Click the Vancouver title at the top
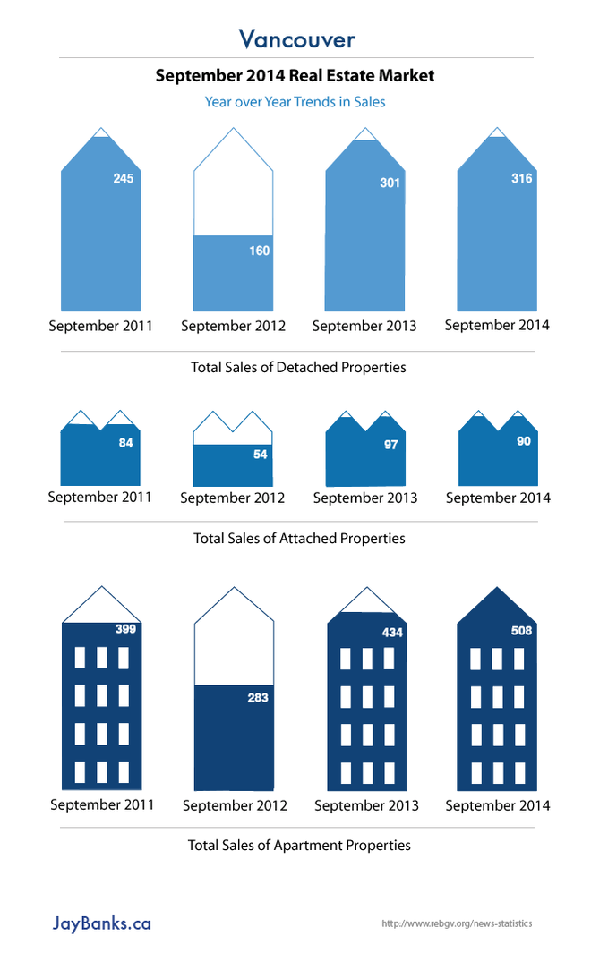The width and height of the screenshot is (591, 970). tap(296, 39)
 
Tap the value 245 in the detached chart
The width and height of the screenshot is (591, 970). tap(124, 179)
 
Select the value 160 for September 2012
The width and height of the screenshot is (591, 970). tap(259, 251)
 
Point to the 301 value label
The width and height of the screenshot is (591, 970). tap(390, 183)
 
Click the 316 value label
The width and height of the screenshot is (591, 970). tap(521, 179)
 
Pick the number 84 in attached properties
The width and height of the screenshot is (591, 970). tap(125, 443)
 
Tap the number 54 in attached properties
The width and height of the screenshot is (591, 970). tap(261, 455)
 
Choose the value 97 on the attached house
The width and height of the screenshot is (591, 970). tap(390, 445)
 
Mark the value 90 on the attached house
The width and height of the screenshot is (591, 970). tap(524, 441)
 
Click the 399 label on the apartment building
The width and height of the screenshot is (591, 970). tap(125, 630)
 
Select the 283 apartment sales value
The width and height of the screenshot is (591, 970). tap(258, 698)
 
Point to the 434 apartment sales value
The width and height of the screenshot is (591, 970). tap(393, 633)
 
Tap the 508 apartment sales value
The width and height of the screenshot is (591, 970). tap(522, 631)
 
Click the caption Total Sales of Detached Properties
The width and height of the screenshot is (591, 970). tap(298, 368)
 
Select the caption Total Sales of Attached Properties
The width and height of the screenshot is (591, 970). tap(299, 539)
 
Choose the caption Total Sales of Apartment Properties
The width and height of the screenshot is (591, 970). tap(299, 845)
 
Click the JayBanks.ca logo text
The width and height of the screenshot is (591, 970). tap(101, 923)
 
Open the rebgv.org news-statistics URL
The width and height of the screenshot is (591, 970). tap(457, 923)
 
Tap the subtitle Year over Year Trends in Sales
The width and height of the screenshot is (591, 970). tap(295, 102)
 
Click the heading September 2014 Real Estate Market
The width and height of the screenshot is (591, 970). tap(295, 76)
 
